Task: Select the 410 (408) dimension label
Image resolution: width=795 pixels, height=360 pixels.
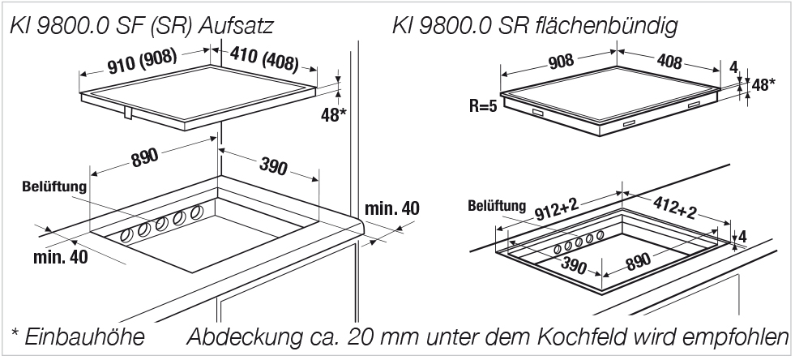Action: tap(263, 58)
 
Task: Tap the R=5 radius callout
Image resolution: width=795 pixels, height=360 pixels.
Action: tap(483, 106)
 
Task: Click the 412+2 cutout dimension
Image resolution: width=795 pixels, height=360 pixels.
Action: tap(673, 208)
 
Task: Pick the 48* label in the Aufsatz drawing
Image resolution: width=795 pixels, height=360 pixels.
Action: tap(334, 115)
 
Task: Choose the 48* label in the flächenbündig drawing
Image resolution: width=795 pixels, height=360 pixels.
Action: tap(763, 84)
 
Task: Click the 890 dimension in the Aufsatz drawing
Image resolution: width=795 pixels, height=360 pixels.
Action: tap(144, 157)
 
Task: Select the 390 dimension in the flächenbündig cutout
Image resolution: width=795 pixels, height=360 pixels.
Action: tap(573, 264)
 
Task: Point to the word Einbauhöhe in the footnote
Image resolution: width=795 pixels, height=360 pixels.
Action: tap(84, 337)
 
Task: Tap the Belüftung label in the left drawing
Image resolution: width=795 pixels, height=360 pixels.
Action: tap(54, 187)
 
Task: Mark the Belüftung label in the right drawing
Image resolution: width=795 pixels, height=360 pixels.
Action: tap(497, 206)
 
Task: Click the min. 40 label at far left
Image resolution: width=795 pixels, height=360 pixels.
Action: tap(60, 257)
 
